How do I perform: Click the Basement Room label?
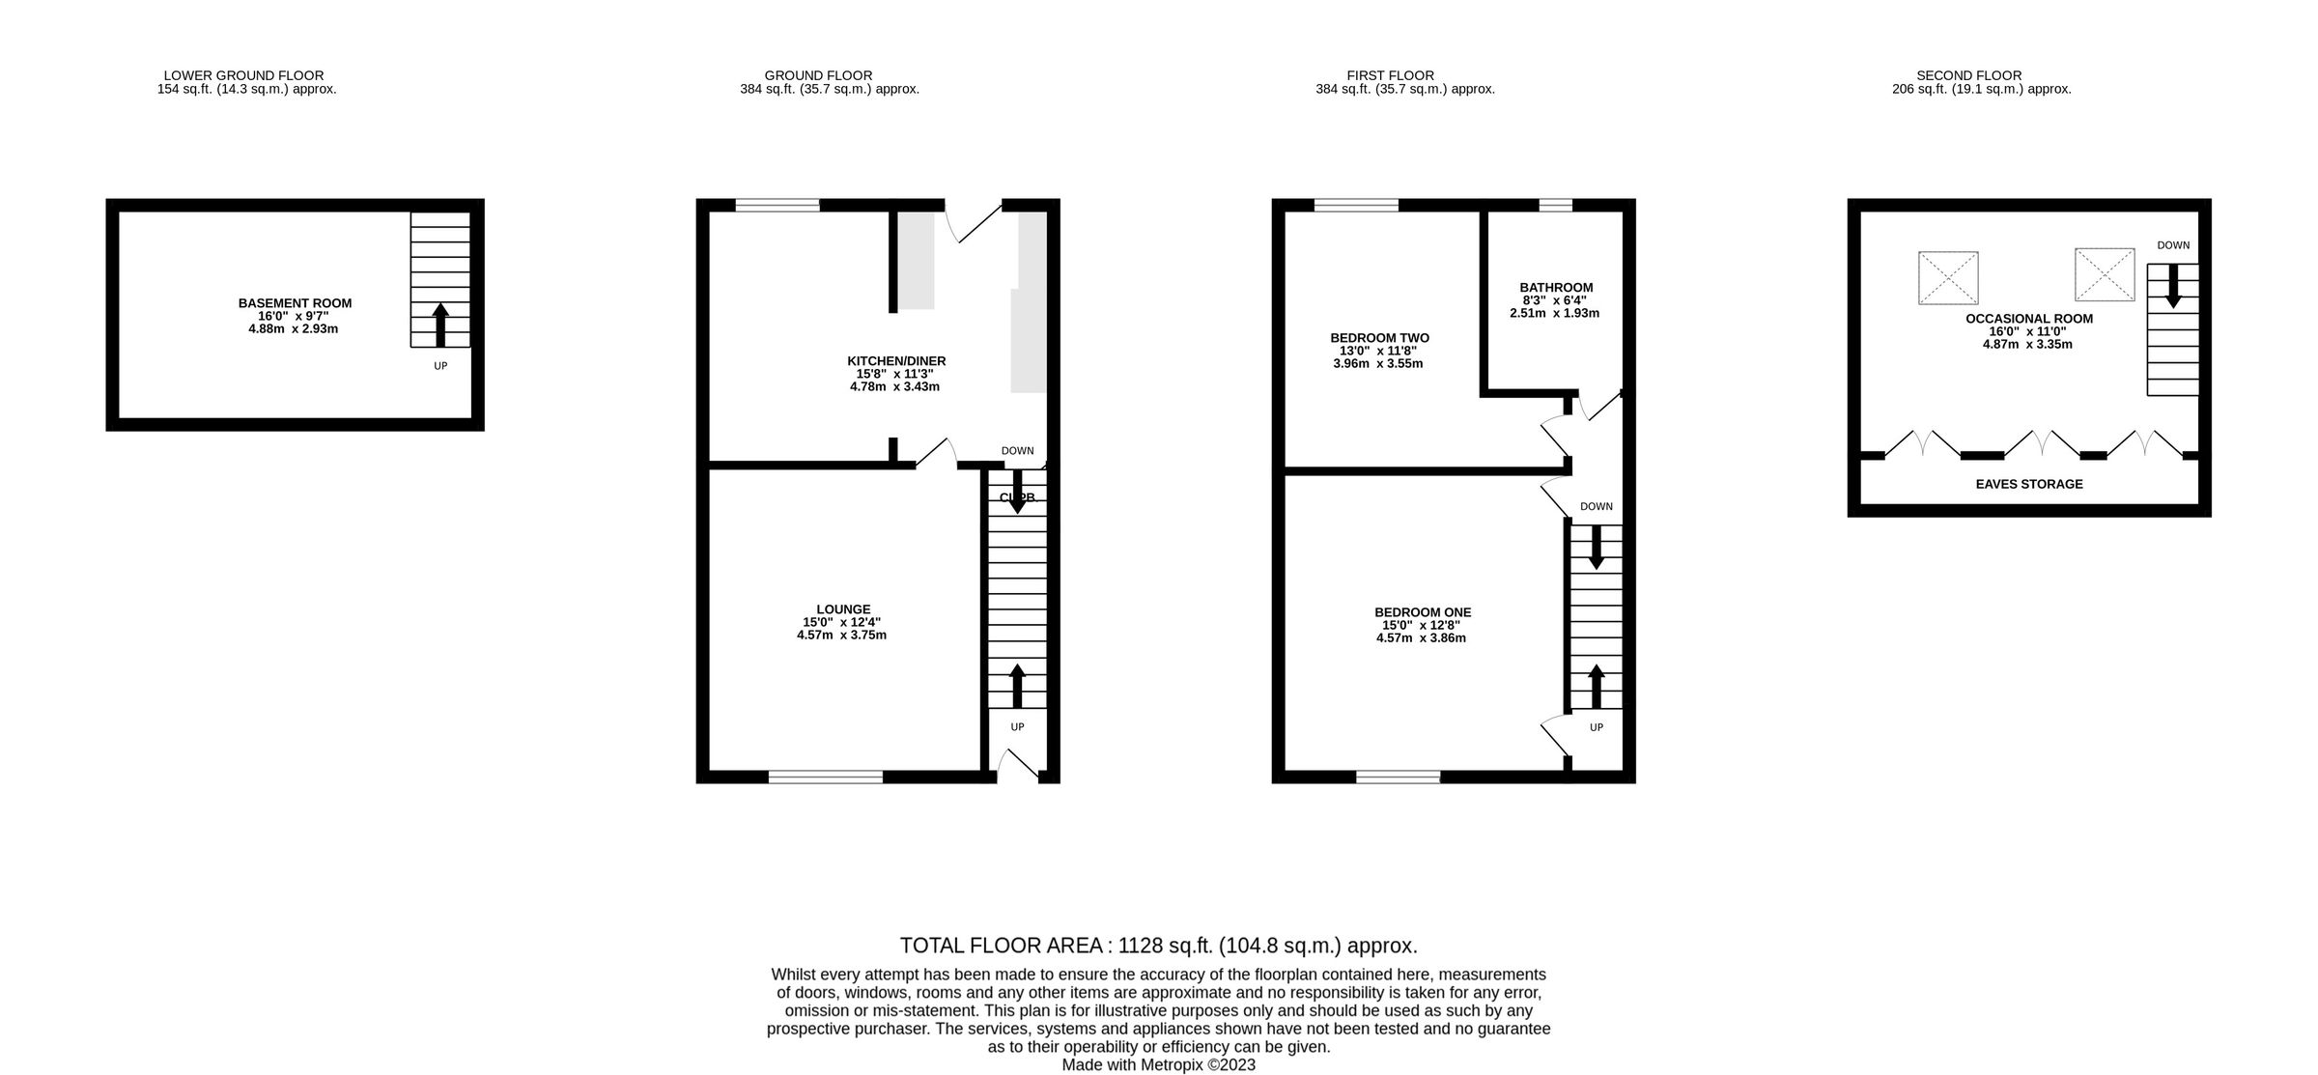tap(295, 303)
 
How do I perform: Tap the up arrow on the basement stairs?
tap(440, 324)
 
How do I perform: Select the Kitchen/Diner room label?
tap(895, 361)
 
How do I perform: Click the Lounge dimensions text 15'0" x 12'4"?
tap(841, 623)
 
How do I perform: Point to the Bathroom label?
tap(1555, 288)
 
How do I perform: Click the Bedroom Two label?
tap(1378, 338)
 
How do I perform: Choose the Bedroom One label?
tap(1422, 612)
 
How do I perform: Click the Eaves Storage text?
tap(2028, 484)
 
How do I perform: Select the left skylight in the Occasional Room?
tap(1947, 278)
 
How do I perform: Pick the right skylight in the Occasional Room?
tap(2104, 274)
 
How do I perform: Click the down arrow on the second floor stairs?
tap(2173, 287)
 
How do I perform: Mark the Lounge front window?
tap(825, 777)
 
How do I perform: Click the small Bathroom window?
tap(1555, 205)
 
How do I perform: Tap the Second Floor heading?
tap(1968, 75)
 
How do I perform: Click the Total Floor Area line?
tap(1158, 946)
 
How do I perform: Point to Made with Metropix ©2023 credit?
tap(1158, 1064)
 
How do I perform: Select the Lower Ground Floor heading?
tap(243, 75)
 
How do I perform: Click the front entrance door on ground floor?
tap(1017, 766)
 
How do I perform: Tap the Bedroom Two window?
tap(1355, 205)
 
